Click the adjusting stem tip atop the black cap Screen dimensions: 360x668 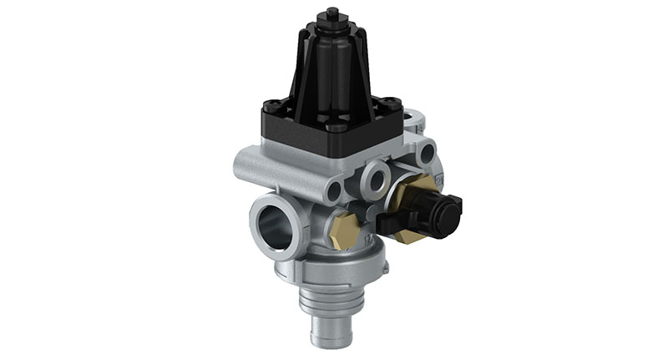[x=332, y=11]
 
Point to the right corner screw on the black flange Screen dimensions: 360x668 [x=392, y=106]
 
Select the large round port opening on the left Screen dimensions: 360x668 [x=272, y=221]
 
